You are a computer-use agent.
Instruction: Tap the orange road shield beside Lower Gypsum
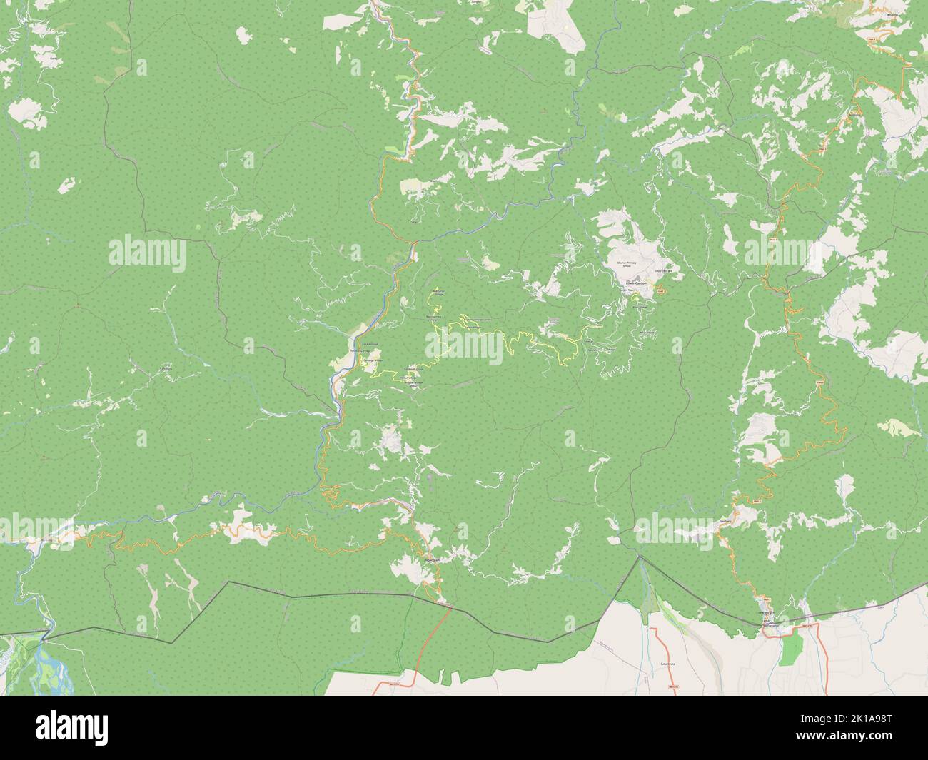click(x=660, y=290)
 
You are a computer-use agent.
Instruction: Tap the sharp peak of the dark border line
click(x=640, y=557)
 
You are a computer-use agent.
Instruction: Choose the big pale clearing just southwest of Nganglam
click(x=404, y=567)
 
